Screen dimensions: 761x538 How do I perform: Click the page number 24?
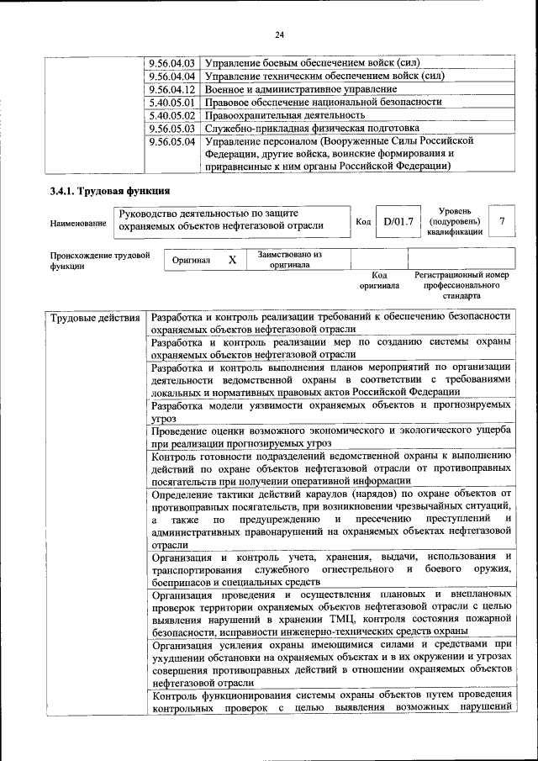[x=280, y=34]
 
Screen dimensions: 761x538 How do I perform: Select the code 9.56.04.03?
[x=171, y=63]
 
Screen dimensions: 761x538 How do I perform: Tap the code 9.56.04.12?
[x=171, y=89]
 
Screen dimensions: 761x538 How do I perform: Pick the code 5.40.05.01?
[x=171, y=102]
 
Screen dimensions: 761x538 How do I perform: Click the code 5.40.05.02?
[x=171, y=115]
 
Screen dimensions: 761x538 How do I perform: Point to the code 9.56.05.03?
[x=171, y=128]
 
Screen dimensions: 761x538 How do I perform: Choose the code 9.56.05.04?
[x=171, y=141]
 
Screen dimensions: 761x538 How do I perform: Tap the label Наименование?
[x=78, y=223]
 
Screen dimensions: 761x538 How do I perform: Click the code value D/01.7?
[x=398, y=221]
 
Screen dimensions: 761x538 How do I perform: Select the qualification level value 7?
[x=502, y=221]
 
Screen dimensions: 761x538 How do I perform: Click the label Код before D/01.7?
[x=362, y=222]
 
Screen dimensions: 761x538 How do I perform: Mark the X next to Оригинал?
[x=232, y=260]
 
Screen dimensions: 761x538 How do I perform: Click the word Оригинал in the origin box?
[x=191, y=261]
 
